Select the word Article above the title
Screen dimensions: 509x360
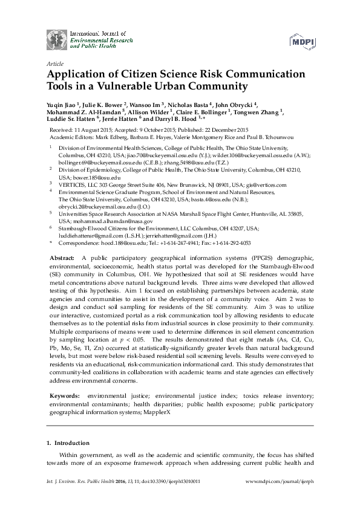coord(55,62)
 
